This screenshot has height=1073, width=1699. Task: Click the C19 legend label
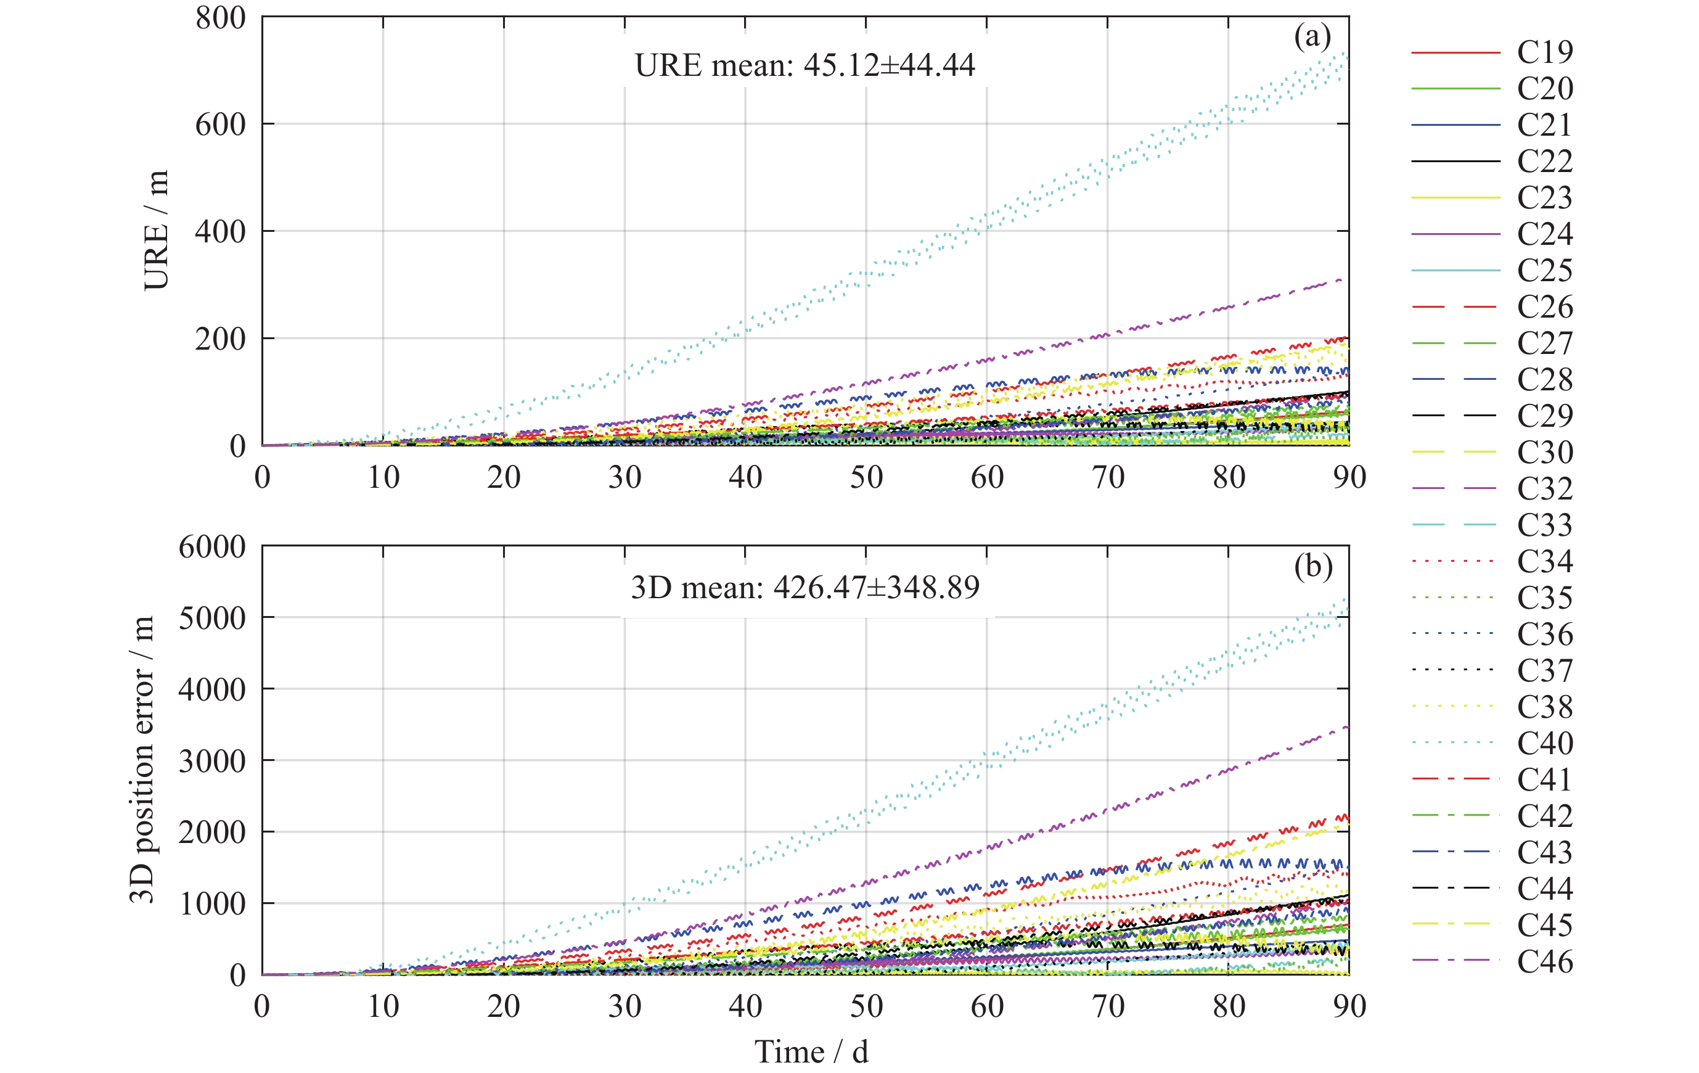click(x=1544, y=52)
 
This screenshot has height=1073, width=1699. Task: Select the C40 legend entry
click(x=1544, y=743)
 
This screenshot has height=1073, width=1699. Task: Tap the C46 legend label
click(x=1544, y=961)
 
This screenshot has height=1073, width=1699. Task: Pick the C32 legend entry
click(x=1544, y=488)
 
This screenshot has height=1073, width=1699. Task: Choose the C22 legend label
click(x=1544, y=162)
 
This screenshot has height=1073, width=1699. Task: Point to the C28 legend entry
click(x=1544, y=380)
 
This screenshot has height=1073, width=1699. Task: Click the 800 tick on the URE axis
click(x=220, y=18)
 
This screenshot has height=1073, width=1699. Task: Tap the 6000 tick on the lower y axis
click(x=211, y=547)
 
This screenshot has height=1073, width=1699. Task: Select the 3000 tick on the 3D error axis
click(x=211, y=761)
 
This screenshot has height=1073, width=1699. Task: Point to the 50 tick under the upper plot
click(x=866, y=478)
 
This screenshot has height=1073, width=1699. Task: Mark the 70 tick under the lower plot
click(x=1108, y=1006)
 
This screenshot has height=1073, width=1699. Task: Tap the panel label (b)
click(x=1312, y=567)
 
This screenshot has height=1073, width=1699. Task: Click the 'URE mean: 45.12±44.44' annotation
click(x=804, y=65)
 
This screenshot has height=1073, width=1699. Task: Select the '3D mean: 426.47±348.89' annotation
click(x=804, y=587)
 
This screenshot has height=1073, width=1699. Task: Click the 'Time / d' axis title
click(x=811, y=1052)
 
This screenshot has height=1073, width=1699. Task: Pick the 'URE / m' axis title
click(x=157, y=230)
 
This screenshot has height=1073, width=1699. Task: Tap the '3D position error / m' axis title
click(x=142, y=760)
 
